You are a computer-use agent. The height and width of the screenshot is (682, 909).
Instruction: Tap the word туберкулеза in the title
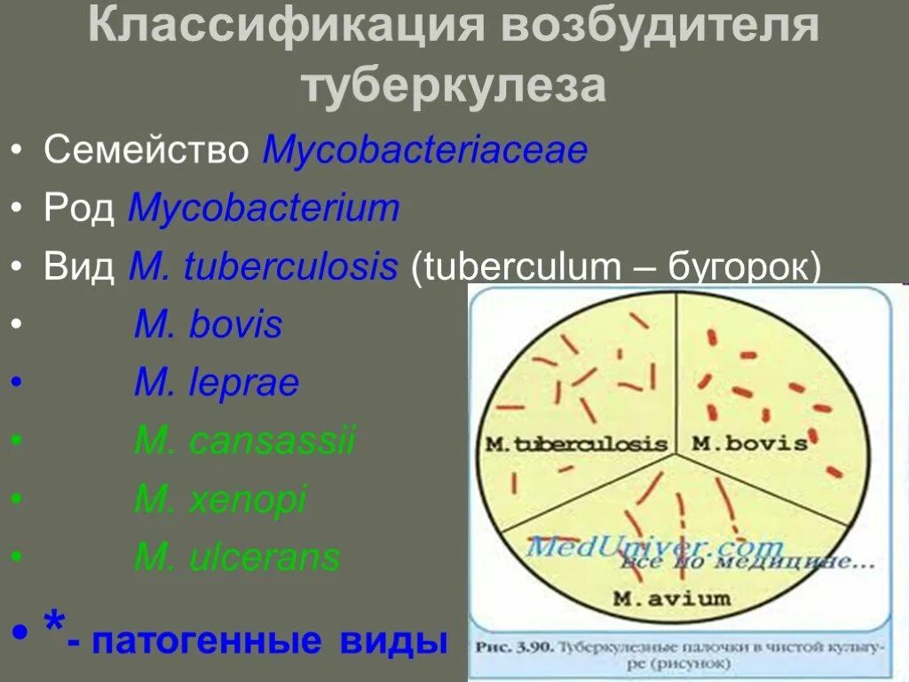(x=454, y=87)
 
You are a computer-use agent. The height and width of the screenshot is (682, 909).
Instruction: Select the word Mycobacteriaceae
(x=425, y=150)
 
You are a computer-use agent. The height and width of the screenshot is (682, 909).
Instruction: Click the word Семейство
(x=146, y=150)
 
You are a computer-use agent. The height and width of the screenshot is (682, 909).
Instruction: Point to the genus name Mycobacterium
(x=265, y=209)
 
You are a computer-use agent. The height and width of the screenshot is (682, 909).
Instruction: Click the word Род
(x=79, y=209)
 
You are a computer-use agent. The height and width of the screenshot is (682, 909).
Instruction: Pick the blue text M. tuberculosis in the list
(x=264, y=267)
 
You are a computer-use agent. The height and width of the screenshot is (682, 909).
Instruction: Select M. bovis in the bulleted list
(x=208, y=325)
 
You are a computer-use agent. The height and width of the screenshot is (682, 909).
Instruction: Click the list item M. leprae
(x=217, y=384)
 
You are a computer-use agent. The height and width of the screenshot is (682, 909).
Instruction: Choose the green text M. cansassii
(x=244, y=441)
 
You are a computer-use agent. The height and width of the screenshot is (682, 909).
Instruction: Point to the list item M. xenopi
(x=220, y=500)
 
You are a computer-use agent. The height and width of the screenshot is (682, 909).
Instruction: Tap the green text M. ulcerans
(x=237, y=558)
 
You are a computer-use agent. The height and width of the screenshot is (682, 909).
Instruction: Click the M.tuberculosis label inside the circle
(x=576, y=443)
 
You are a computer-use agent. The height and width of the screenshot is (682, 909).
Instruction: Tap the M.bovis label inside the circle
(x=749, y=442)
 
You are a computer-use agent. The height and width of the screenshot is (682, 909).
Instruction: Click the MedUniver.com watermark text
(x=655, y=544)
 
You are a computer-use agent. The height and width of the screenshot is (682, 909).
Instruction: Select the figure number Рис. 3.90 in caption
(x=510, y=646)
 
